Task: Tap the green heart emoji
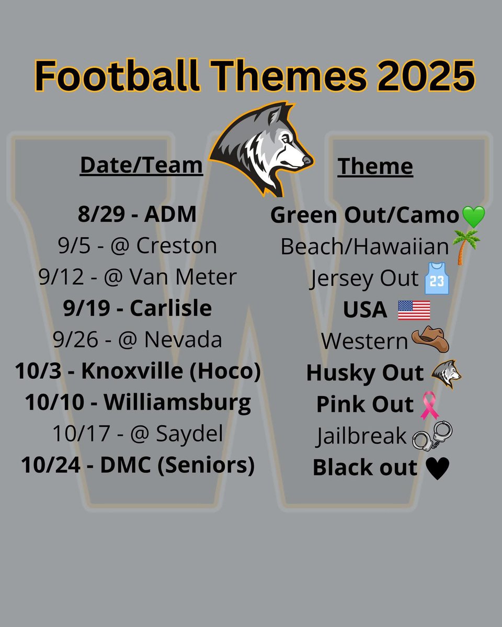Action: pyautogui.click(x=473, y=216)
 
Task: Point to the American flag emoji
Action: pyautogui.click(x=414, y=310)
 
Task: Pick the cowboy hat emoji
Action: pyautogui.click(x=430, y=341)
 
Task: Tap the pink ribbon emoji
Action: pyautogui.click(x=431, y=405)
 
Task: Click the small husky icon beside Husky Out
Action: pyautogui.click(x=446, y=374)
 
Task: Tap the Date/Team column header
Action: pyautogui.click(x=141, y=165)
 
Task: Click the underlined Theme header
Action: pyautogui.click(x=375, y=167)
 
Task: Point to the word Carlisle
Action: pyautogui.click(x=170, y=308)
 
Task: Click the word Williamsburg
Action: pyautogui.click(x=177, y=403)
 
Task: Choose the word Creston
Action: pyautogui.click(x=176, y=246)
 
